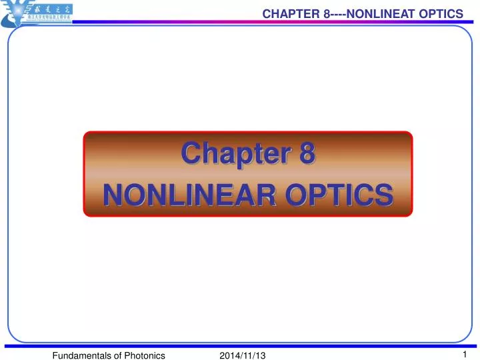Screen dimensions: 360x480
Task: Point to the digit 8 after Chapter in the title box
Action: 305,153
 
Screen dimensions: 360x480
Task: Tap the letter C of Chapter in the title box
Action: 192,153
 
